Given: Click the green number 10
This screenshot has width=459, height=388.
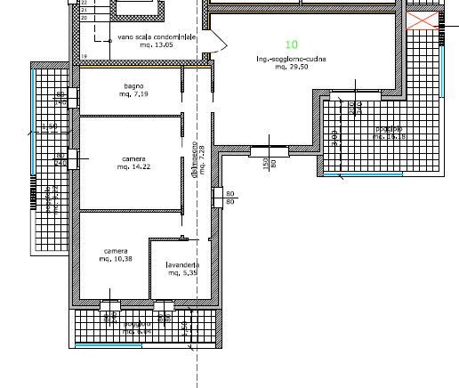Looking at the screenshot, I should [x=292, y=44].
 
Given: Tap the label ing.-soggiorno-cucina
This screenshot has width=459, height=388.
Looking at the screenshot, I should [x=291, y=59].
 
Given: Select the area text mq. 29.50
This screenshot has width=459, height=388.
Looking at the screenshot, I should [x=292, y=67].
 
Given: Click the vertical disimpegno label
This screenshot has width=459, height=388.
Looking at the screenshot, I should [x=193, y=166].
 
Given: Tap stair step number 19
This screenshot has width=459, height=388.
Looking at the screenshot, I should [x=85, y=56].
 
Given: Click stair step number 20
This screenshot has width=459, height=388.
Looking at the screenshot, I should [x=85, y=18].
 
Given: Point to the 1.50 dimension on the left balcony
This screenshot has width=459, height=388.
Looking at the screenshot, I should [x=52, y=127].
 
